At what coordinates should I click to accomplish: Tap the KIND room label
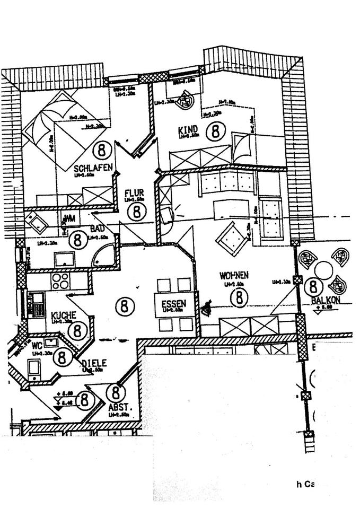[188, 129]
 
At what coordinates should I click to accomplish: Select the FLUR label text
[135, 192]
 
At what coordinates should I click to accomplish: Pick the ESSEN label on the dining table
[174, 304]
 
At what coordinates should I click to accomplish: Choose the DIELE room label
[94, 363]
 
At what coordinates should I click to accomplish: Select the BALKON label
[325, 300]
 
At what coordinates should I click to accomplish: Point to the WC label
[37, 345]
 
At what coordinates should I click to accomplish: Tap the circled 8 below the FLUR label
[137, 212]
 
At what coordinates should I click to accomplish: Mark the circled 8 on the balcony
[314, 287]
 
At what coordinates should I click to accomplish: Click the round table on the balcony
[323, 270]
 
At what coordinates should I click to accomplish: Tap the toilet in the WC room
[34, 367]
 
